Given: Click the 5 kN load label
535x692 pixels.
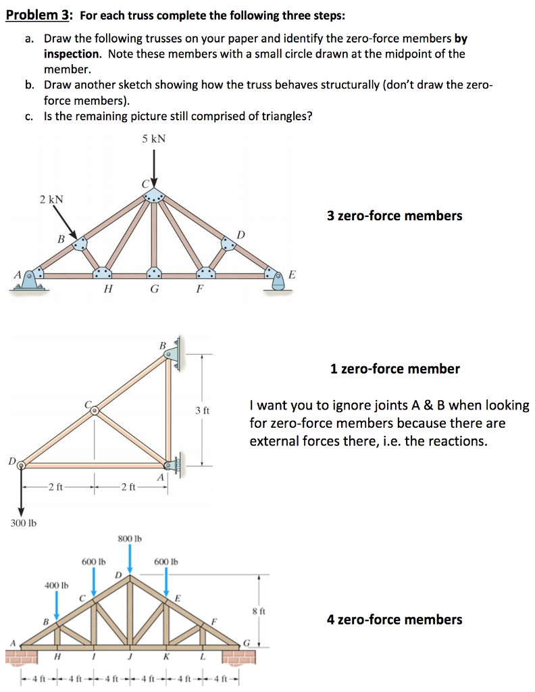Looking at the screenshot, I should click(154, 139).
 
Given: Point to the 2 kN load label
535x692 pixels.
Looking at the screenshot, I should click(51, 199).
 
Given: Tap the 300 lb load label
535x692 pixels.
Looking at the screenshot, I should click(22, 522).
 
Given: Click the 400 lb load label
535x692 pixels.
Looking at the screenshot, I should click(56, 584).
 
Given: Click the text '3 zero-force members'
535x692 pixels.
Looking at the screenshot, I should click(394, 216).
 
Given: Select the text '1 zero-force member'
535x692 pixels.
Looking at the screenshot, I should click(394, 369).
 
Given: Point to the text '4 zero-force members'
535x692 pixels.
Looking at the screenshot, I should click(394, 619).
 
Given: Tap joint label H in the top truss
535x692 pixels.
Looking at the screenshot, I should click(107, 291).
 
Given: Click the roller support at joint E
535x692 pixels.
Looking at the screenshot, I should click(278, 279).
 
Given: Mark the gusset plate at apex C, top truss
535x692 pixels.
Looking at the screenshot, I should click(154, 194).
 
